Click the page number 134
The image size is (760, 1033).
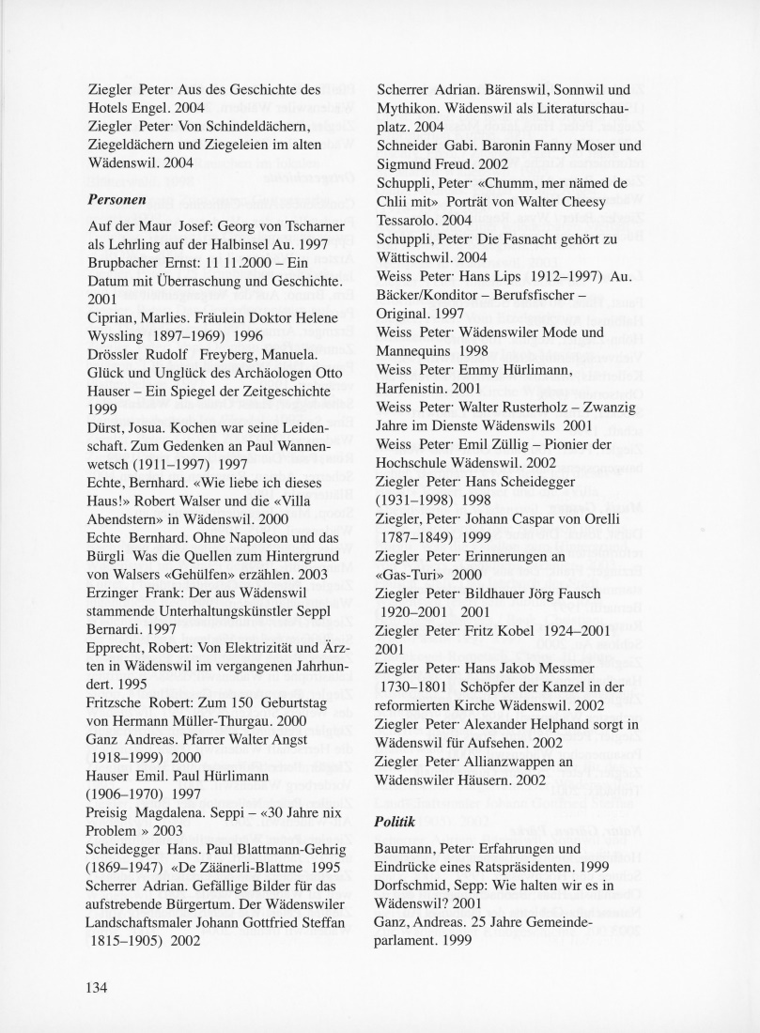coord(99,987)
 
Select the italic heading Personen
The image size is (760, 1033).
coord(115,200)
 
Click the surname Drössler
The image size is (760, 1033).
coord(115,363)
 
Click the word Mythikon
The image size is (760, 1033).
coord(407,109)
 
